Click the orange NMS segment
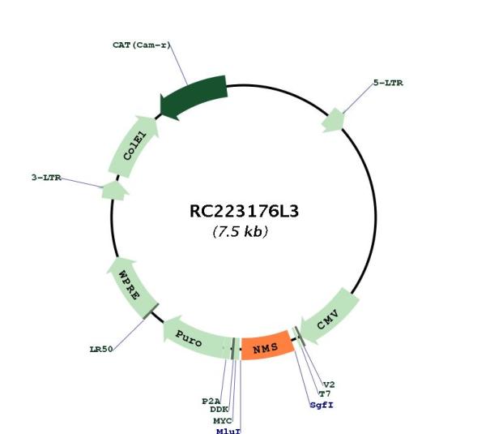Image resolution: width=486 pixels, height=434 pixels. coord(267,346)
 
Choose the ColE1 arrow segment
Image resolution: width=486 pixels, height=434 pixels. coord(134,147)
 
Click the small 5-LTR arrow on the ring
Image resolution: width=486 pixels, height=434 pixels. coord(333,120)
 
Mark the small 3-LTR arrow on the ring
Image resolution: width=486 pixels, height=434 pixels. coord(115,191)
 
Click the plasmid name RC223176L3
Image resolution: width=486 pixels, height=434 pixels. coord(244,212)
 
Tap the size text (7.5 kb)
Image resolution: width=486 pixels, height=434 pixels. coord(241,231)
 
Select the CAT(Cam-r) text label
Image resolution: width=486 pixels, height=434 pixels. coord(142,45)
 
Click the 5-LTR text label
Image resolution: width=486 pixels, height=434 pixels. coord(388,83)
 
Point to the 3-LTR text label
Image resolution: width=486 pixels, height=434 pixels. coord(46,178)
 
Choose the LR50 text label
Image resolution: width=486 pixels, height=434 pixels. coord(101,350)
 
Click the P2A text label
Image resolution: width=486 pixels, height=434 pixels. coord(211,402)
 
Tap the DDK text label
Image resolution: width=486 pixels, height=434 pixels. coord(220,410)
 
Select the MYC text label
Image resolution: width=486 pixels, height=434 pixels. coord(223,421)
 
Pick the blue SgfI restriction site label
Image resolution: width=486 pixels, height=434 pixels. coord(322,405)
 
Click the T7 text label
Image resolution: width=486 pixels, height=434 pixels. coord(325,394)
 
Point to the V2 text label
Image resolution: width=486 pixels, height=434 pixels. coord(329,385)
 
